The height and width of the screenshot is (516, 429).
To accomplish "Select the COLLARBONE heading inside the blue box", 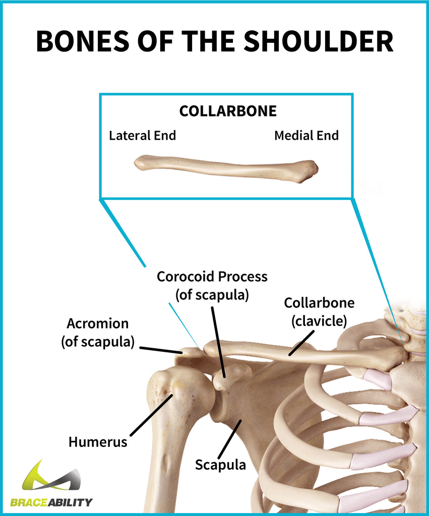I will click(228, 111).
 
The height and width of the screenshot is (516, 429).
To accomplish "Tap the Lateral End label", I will click(143, 136).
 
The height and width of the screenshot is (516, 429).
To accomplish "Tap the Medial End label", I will click(307, 136).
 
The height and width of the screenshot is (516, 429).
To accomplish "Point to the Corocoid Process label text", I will click(212, 277).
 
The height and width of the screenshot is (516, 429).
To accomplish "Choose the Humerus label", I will click(98, 442).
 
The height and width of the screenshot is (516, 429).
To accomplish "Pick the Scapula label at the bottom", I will click(221, 464).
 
